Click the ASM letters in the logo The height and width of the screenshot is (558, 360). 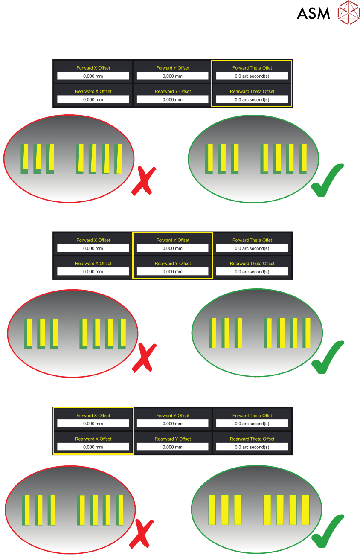(314, 13)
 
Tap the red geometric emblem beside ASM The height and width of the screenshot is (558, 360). (348, 12)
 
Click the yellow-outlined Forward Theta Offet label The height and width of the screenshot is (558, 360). (252, 68)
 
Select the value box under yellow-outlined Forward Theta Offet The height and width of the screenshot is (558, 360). (252, 76)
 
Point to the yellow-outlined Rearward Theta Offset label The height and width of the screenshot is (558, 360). (252, 91)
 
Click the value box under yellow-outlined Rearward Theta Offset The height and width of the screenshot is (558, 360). (252, 99)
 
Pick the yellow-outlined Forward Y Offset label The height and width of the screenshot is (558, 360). (173, 240)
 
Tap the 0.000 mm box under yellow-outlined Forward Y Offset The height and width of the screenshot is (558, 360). (173, 248)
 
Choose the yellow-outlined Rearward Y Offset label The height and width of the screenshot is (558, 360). (173, 264)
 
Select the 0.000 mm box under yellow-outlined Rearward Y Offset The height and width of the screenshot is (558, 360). (173, 272)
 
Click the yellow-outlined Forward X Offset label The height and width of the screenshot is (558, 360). (93, 416)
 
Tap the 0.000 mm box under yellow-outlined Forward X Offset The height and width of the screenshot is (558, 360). (93, 424)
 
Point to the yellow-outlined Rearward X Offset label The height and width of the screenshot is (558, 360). (93, 439)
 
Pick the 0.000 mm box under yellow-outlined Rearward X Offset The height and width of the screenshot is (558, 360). (93, 447)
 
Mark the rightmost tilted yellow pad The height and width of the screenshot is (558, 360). (119, 159)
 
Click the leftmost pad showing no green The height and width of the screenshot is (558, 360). (212, 509)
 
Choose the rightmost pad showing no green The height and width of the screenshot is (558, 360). (306, 509)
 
